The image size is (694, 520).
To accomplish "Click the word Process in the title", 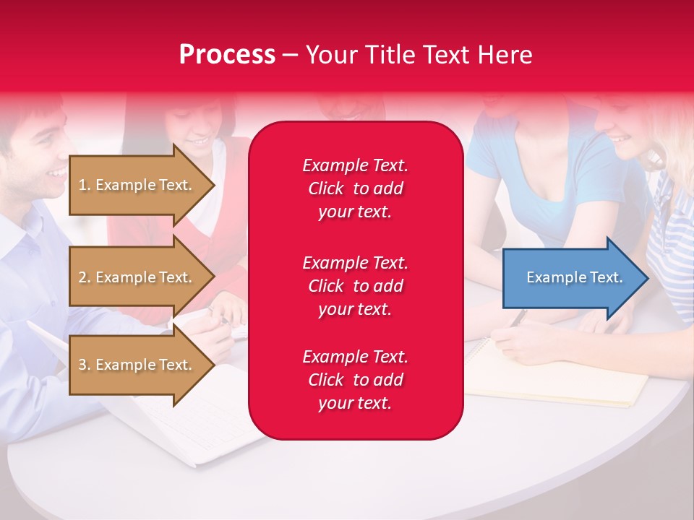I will tap(227, 55).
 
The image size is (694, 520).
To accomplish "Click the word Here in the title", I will tap(505, 55).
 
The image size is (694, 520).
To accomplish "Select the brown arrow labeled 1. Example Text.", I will tap(137, 185).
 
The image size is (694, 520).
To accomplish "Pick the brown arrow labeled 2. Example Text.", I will tap(137, 277).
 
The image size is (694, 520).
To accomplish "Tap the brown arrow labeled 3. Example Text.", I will tap(137, 365).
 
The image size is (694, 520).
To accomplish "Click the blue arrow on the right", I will tap(571, 277).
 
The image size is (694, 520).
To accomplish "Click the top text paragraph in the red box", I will tap(355, 188).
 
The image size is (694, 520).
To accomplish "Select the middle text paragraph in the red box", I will tap(355, 285).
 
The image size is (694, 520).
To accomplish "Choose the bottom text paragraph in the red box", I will tap(355, 380).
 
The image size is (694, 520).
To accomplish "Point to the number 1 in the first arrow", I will tap(82, 185).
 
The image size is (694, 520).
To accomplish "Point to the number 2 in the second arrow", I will tap(82, 277).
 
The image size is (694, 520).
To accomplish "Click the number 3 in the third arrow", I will tap(82, 365).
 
